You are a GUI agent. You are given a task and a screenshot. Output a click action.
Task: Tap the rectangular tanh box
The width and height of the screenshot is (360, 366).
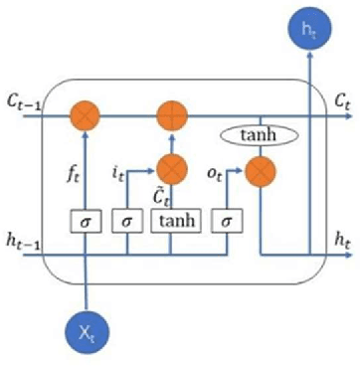[x=175, y=219]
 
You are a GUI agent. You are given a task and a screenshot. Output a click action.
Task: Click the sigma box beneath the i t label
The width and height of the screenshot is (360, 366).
[x=127, y=219]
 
